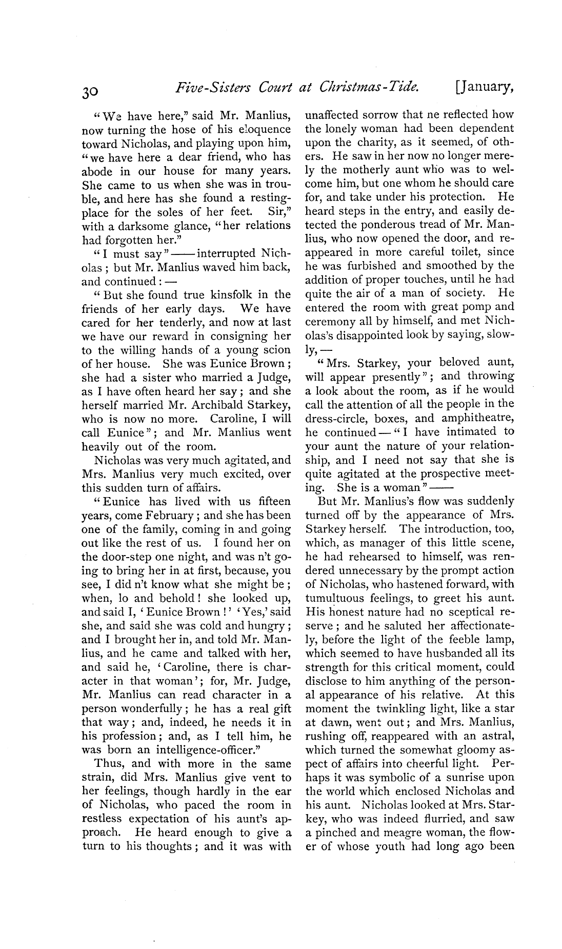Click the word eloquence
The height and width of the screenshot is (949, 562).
[x=260, y=130]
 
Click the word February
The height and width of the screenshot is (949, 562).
[x=166, y=516]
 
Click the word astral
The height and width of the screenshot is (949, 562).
[x=497, y=736]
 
